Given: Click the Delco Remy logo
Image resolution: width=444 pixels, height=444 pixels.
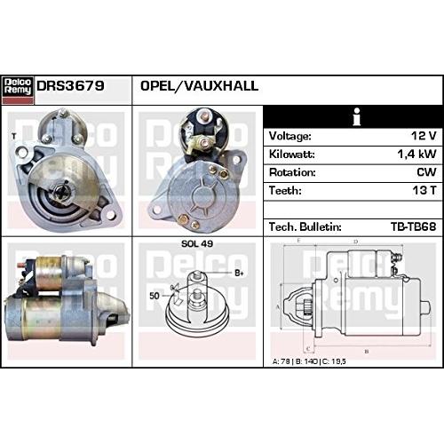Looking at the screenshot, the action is [x=18, y=90].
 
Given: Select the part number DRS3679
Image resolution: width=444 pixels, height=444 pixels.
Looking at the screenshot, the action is [x=70, y=86].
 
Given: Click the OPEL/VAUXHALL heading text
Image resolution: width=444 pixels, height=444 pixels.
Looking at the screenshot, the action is [x=199, y=86].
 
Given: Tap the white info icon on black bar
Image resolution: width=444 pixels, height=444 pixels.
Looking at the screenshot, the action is [x=357, y=116].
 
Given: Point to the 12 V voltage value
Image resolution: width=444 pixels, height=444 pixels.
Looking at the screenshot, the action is [x=424, y=136].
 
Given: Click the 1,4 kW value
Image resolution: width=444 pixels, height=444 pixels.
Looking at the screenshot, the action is [x=416, y=155].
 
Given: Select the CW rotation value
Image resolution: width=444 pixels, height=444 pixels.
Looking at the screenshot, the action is [x=426, y=172].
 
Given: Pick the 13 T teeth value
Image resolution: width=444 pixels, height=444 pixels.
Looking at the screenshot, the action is [x=424, y=190].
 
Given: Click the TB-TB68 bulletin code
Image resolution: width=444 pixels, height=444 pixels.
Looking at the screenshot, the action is [x=414, y=226].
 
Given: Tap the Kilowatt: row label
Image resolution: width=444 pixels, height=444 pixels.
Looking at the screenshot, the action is [x=292, y=155].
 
